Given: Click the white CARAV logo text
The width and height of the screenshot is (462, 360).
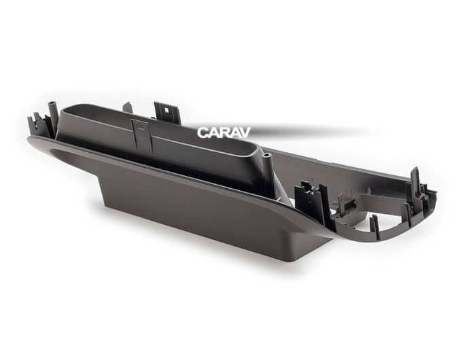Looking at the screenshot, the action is tap(224, 132).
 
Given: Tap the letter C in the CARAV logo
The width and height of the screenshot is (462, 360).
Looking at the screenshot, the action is tap(203, 132).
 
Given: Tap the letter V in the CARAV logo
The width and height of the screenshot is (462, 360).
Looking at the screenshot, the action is tap(245, 132).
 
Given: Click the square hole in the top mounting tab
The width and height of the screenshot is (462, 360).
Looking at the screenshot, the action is tap(167, 110).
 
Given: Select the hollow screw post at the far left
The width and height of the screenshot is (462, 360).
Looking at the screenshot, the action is tap(52, 118).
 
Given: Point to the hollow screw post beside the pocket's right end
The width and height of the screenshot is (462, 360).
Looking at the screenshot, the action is tap(268, 168).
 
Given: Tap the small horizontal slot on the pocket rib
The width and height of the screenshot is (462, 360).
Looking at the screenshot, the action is tap(141, 129).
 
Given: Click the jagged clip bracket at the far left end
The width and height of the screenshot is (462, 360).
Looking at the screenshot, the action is tap(37, 125).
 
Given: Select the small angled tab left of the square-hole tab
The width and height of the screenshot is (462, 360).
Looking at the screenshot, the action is tap(128, 109).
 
